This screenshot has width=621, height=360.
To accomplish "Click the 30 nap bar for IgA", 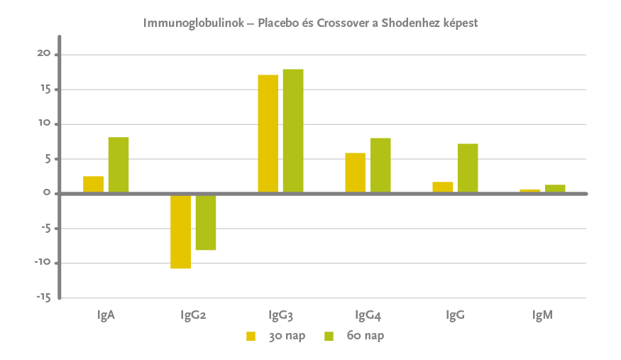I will [93, 185].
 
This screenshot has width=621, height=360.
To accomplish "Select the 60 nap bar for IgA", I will [119, 165].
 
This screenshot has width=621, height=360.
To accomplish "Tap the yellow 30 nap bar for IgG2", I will [180, 231].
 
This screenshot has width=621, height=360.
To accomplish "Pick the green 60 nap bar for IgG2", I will [206, 222].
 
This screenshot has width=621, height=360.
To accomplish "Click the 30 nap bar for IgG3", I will [268, 133].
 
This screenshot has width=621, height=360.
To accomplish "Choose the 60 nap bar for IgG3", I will [293, 131].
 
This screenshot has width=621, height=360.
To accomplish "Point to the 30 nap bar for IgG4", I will [355, 173].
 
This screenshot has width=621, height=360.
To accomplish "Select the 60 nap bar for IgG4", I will [380, 165].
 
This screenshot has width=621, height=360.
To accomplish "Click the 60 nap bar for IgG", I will [468, 168].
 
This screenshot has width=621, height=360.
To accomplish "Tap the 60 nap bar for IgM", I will [555, 189].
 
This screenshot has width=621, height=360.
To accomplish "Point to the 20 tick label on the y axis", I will [43, 54].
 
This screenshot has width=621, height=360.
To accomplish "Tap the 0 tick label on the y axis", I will [47, 193].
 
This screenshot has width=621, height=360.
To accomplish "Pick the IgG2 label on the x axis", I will [193, 315].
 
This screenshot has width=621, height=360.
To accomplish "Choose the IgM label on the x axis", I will [542, 315].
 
